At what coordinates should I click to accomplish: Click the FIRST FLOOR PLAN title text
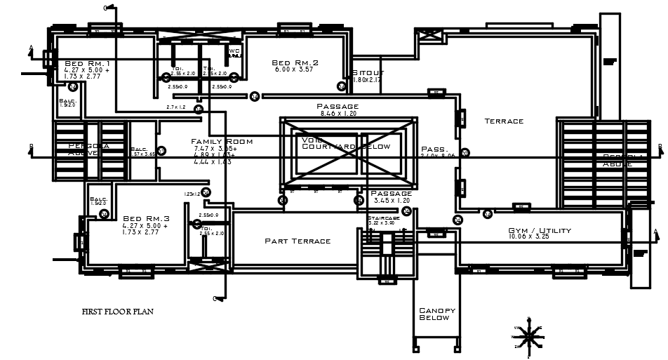tap(117, 311)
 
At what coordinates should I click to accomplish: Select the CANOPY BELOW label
tap(437, 314)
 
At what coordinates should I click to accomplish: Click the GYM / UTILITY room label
tap(540, 231)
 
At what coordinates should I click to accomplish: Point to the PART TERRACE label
tap(297, 241)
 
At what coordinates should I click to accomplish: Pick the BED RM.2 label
tap(295, 63)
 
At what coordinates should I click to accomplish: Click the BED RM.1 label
tap(87, 64)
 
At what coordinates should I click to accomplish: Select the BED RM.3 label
tap(145, 218)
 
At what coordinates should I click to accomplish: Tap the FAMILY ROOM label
tap(222, 142)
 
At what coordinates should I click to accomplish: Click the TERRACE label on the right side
tap(504, 121)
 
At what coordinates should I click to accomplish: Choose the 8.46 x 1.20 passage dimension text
tap(338, 113)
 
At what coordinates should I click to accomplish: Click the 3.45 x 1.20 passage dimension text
tap(391, 201)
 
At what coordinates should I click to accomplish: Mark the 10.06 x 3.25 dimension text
tap(540, 237)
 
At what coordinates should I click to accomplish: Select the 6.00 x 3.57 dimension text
tap(295, 70)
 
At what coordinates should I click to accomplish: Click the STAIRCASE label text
tap(383, 218)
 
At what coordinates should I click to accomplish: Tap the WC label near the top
tap(234, 51)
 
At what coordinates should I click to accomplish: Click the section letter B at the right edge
tap(660, 146)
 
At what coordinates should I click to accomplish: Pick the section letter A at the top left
tap(31, 49)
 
